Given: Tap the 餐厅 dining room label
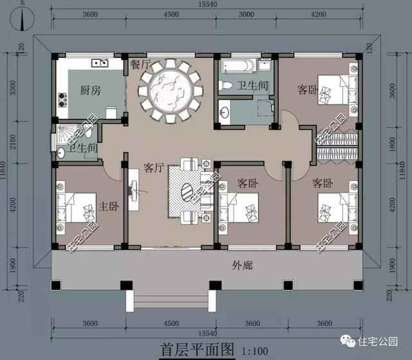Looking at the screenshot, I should click(x=140, y=64).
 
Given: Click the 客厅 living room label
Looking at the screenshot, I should click(x=154, y=168).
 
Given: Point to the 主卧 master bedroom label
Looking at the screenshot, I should click(x=108, y=207).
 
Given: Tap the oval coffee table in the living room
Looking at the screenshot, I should click(x=187, y=193).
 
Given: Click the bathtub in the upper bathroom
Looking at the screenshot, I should click(x=237, y=66).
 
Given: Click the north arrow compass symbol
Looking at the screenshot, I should click(x=24, y=19).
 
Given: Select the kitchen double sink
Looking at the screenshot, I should click(x=100, y=63).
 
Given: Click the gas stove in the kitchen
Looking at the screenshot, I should click(x=62, y=100).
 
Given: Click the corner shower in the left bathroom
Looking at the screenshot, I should click(x=66, y=131).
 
